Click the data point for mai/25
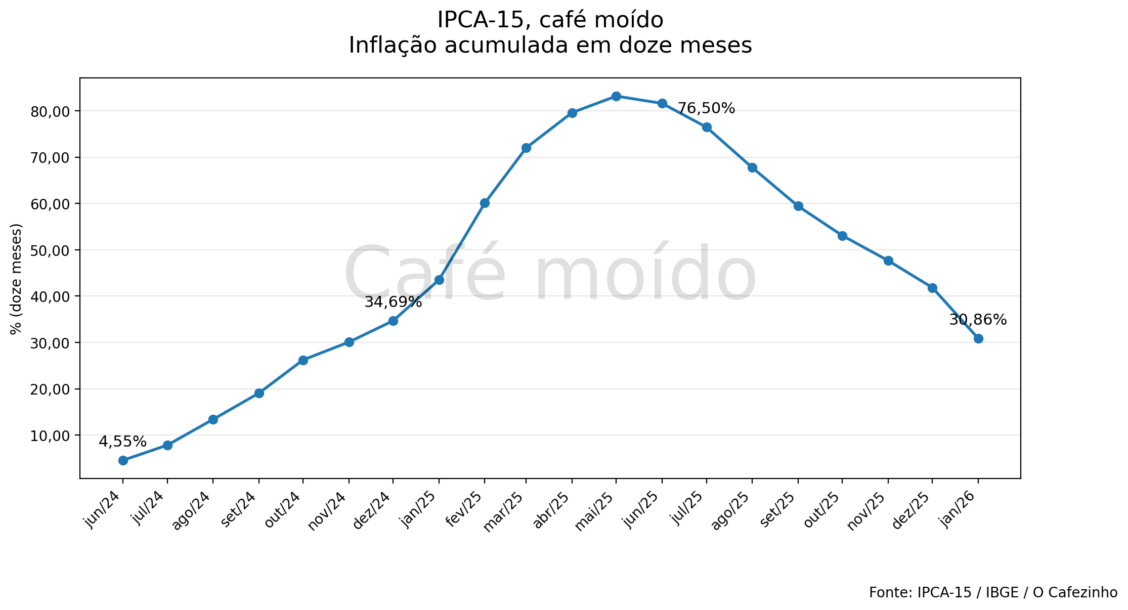click(616, 96)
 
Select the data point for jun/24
click(123, 460)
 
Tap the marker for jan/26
click(978, 338)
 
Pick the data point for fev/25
click(485, 203)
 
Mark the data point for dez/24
click(393, 321)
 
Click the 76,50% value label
click(706, 108)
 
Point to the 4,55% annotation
click(122, 442)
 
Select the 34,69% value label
click(393, 302)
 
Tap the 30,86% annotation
click(978, 320)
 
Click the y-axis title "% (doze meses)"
click(16, 279)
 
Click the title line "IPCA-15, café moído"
click(550, 20)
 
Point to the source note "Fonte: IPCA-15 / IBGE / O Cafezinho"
click(993, 592)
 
